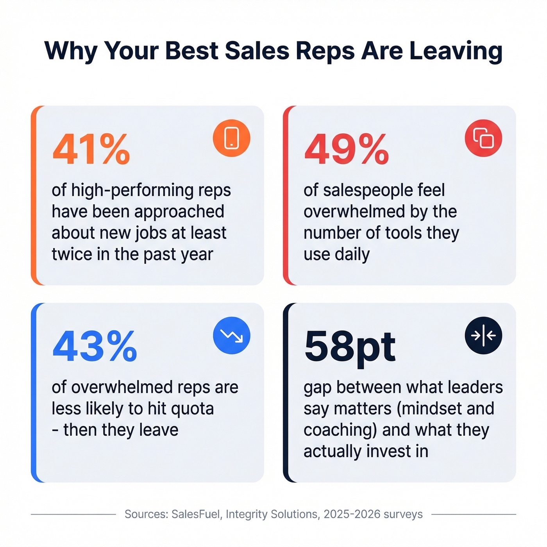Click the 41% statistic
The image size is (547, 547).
click(x=91, y=150)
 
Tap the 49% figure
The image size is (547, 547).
click(x=347, y=150)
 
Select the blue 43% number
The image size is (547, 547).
click(x=95, y=347)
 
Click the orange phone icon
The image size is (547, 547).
click(x=231, y=138)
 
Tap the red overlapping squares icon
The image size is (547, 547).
click(x=483, y=138)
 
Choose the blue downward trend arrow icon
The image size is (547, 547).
click(x=231, y=335)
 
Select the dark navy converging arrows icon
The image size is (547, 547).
click(x=483, y=335)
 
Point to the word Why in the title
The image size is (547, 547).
click(x=70, y=51)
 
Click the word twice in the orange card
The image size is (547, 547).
click(x=72, y=254)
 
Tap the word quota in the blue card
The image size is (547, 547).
click(x=193, y=409)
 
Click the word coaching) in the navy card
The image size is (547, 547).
click(x=340, y=430)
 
